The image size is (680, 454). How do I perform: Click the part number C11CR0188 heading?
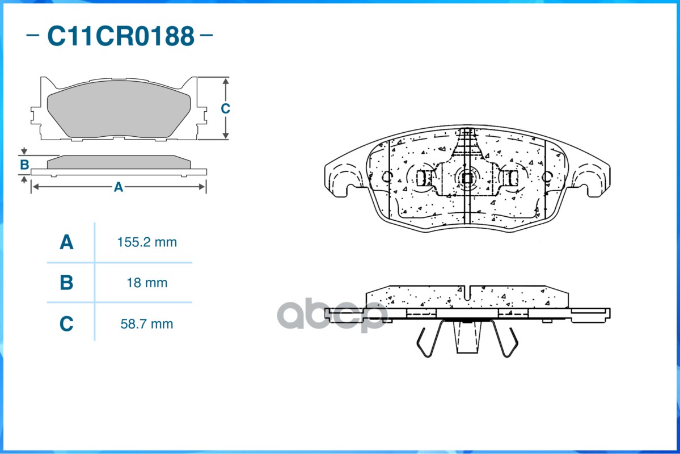point(121,36)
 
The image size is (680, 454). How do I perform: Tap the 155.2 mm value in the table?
point(147,242)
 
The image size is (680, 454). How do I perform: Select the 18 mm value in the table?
point(147,283)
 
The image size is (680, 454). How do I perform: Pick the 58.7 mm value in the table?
point(147,324)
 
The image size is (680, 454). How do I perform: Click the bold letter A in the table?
point(66,242)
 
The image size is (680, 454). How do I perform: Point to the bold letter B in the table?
point(66,283)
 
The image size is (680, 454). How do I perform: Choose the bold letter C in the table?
point(66,324)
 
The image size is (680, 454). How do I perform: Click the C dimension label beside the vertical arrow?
point(225,108)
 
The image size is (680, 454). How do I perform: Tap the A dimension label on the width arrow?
point(119,187)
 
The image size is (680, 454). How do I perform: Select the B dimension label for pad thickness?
point(24,165)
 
